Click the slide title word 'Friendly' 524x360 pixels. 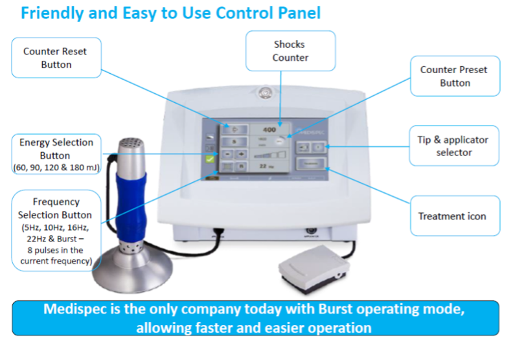pos(51,12)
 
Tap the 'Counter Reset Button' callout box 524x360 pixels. pos(56,58)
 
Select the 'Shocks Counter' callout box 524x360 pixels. pos(290,51)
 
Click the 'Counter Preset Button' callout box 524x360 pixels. pos(454,76)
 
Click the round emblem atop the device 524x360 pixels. pos(264,92)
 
